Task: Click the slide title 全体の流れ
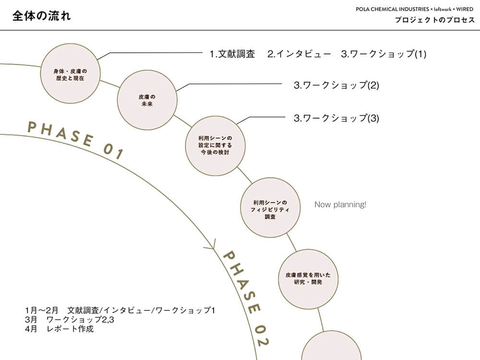click(42, 16)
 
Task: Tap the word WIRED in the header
click(465, 9)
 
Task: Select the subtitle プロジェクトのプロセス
click(435, 20)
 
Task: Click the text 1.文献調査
click(232, 54)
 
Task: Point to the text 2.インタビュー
click(299, 54)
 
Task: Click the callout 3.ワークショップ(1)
click(384, 54)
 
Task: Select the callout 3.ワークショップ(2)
click(336, 85)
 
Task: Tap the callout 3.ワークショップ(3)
click(336, 118)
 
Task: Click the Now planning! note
click(340, 204)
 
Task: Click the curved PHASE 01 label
click(75, 139)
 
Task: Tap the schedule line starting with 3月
click(70, 320)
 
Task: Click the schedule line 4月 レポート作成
click(59, 329)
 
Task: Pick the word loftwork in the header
click(443, 9)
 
